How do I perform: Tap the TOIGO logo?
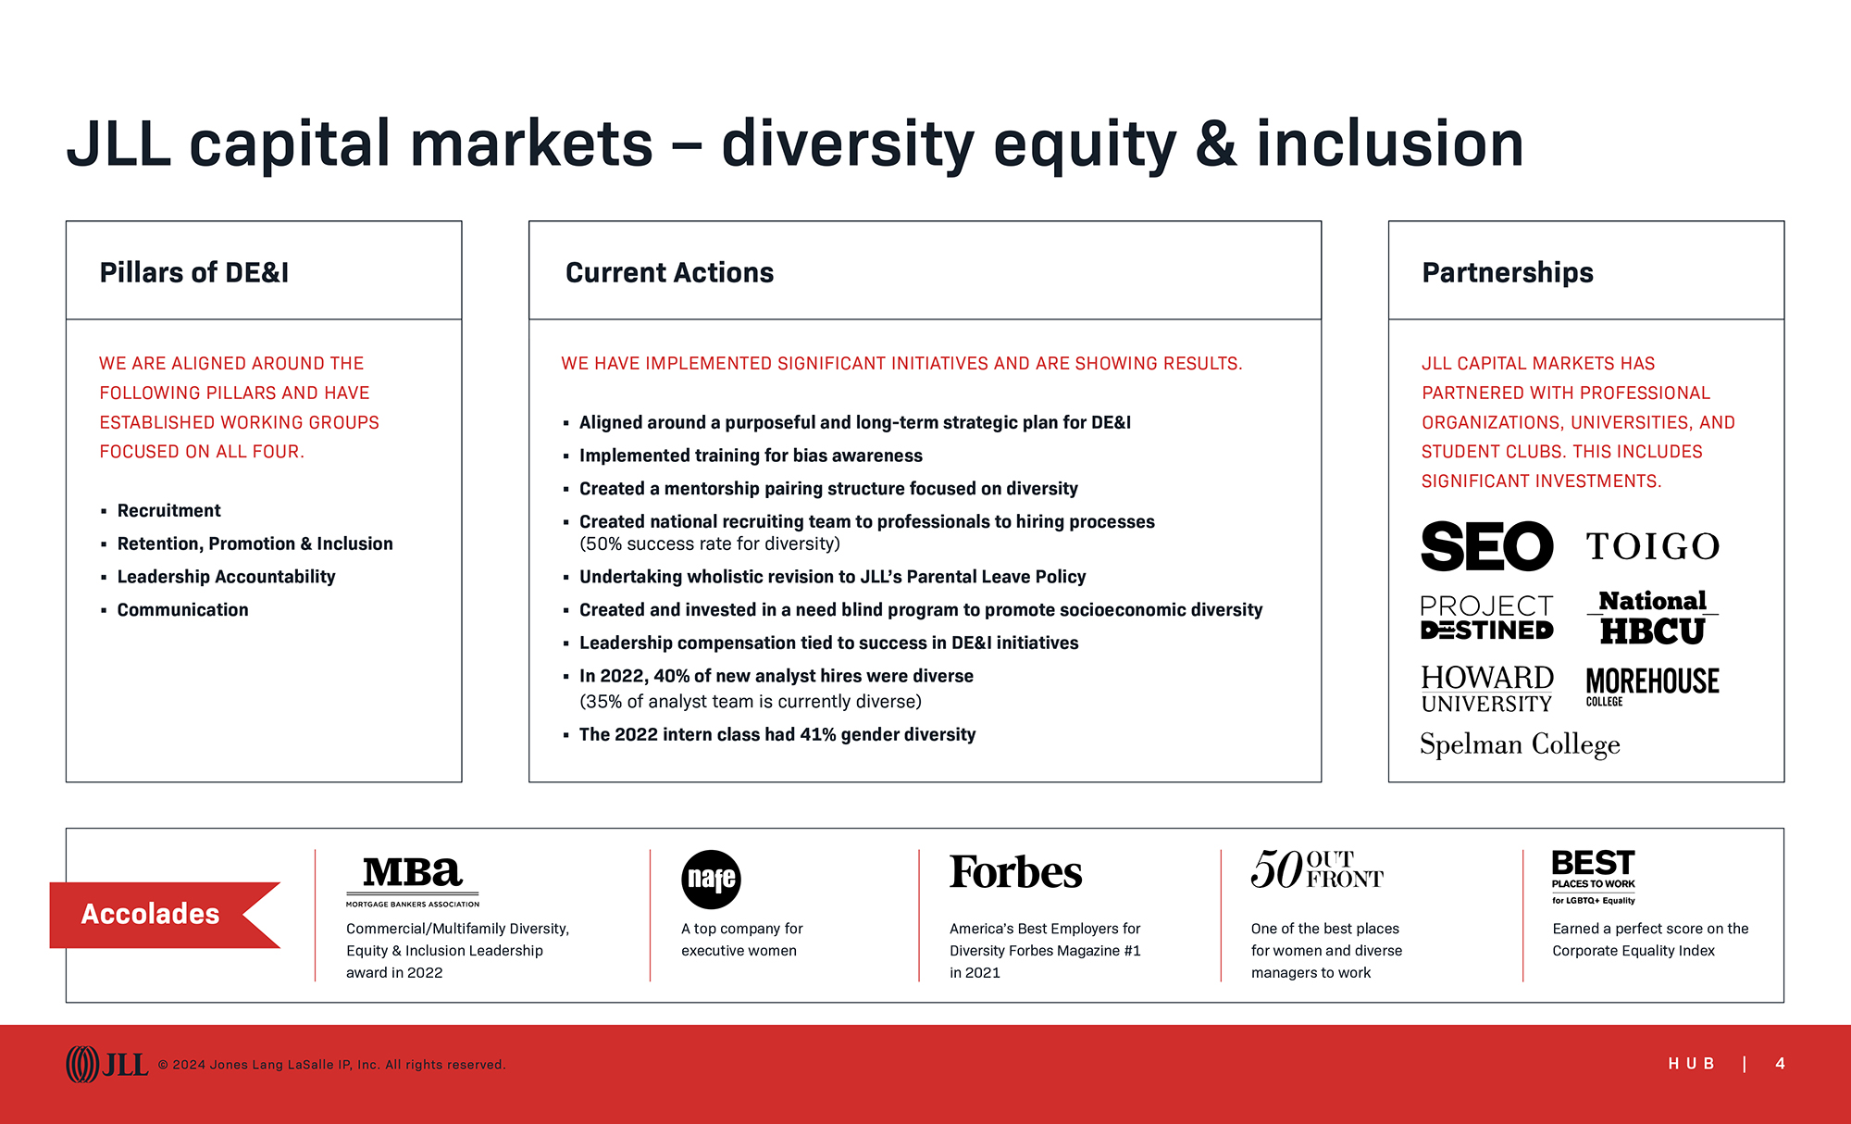(x=1653, y=546)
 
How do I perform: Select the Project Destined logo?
(x=1486, y=617)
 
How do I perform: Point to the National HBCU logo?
(x=1653, y=617)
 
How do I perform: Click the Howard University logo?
(x=1486, y=689)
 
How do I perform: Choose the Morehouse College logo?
(x=1652, y=686)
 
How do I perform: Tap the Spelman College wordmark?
(x=1520, y=744)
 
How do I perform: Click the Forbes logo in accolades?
(x=1015, y=872)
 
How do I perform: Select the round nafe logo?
(x=711, y=879)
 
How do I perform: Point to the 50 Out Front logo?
(x=1317, y=869)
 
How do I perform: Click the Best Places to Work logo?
(x=1594, y=876)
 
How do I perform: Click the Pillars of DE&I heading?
(x=194, y=272)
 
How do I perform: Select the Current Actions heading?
(x=669, y=272)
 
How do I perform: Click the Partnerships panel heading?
(x=1508, y=272)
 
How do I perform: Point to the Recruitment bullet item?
(x=168, y=510)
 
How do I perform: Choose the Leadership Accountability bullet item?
(x=226, y=577)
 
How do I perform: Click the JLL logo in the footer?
(x=106, y=1065)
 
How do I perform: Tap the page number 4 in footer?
(x=1780, y=1064)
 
